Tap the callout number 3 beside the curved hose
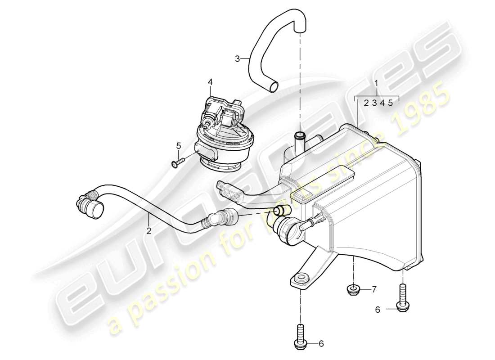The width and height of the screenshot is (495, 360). [x=237, y=58]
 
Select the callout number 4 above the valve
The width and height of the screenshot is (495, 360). [x=210, y=82]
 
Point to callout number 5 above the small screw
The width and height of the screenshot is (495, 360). [x=179, y=145]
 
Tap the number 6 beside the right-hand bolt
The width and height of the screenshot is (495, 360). [x=377, y=310]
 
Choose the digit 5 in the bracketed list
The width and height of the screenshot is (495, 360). [x=391, y=103]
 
